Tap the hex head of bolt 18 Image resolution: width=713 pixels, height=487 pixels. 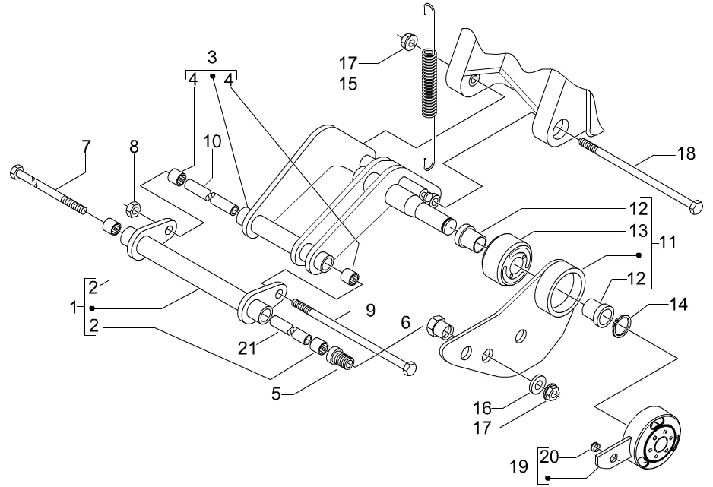tap(696, 207)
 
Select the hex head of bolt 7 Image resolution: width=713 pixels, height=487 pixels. tap(16, 172)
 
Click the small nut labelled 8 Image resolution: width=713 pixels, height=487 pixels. tap(132, 209)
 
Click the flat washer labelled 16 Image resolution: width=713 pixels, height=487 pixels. tap(538, 383)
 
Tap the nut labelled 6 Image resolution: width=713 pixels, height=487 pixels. tap(437, 325)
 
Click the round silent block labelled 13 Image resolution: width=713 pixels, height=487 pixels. tap(506, 258)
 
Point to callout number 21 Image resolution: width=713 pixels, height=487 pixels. tap(248, 348)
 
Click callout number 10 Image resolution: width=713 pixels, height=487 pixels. tap(212, 141)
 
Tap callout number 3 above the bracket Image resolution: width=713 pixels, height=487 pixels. tap(212, 58)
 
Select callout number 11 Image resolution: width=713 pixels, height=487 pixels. tap(667, 242)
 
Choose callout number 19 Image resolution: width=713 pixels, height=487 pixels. tap(519, 466)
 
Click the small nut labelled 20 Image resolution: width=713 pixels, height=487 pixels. tap(595, 447)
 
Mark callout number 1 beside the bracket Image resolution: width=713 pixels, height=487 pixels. tap(74, 308)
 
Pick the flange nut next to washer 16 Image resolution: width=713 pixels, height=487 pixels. tap(552, 391)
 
